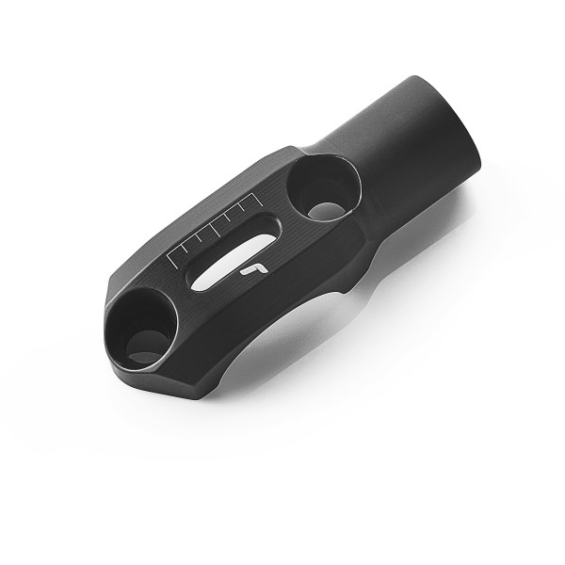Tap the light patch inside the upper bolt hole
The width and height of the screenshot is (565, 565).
[326, 209]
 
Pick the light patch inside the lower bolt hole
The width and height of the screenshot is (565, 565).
[146, 356]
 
